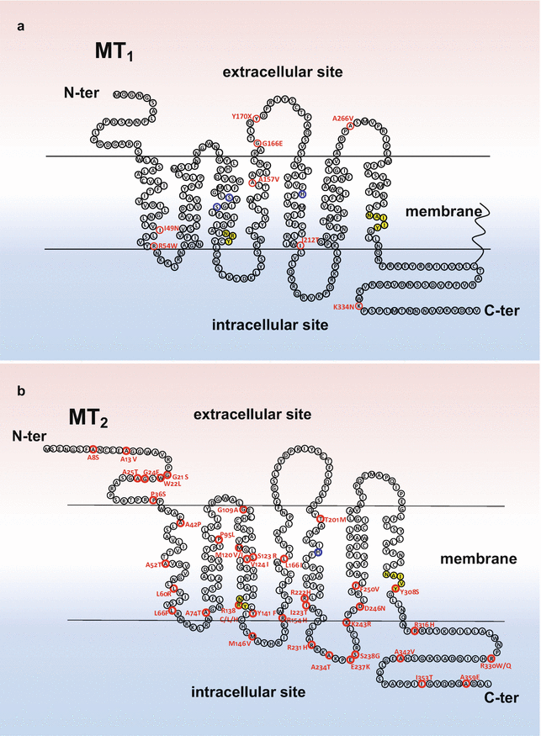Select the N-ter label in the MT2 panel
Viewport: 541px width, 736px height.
pyautogui.click(x=28, y=436)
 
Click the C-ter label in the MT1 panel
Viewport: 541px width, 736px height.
pyautogui.click(x=503, y=310)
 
